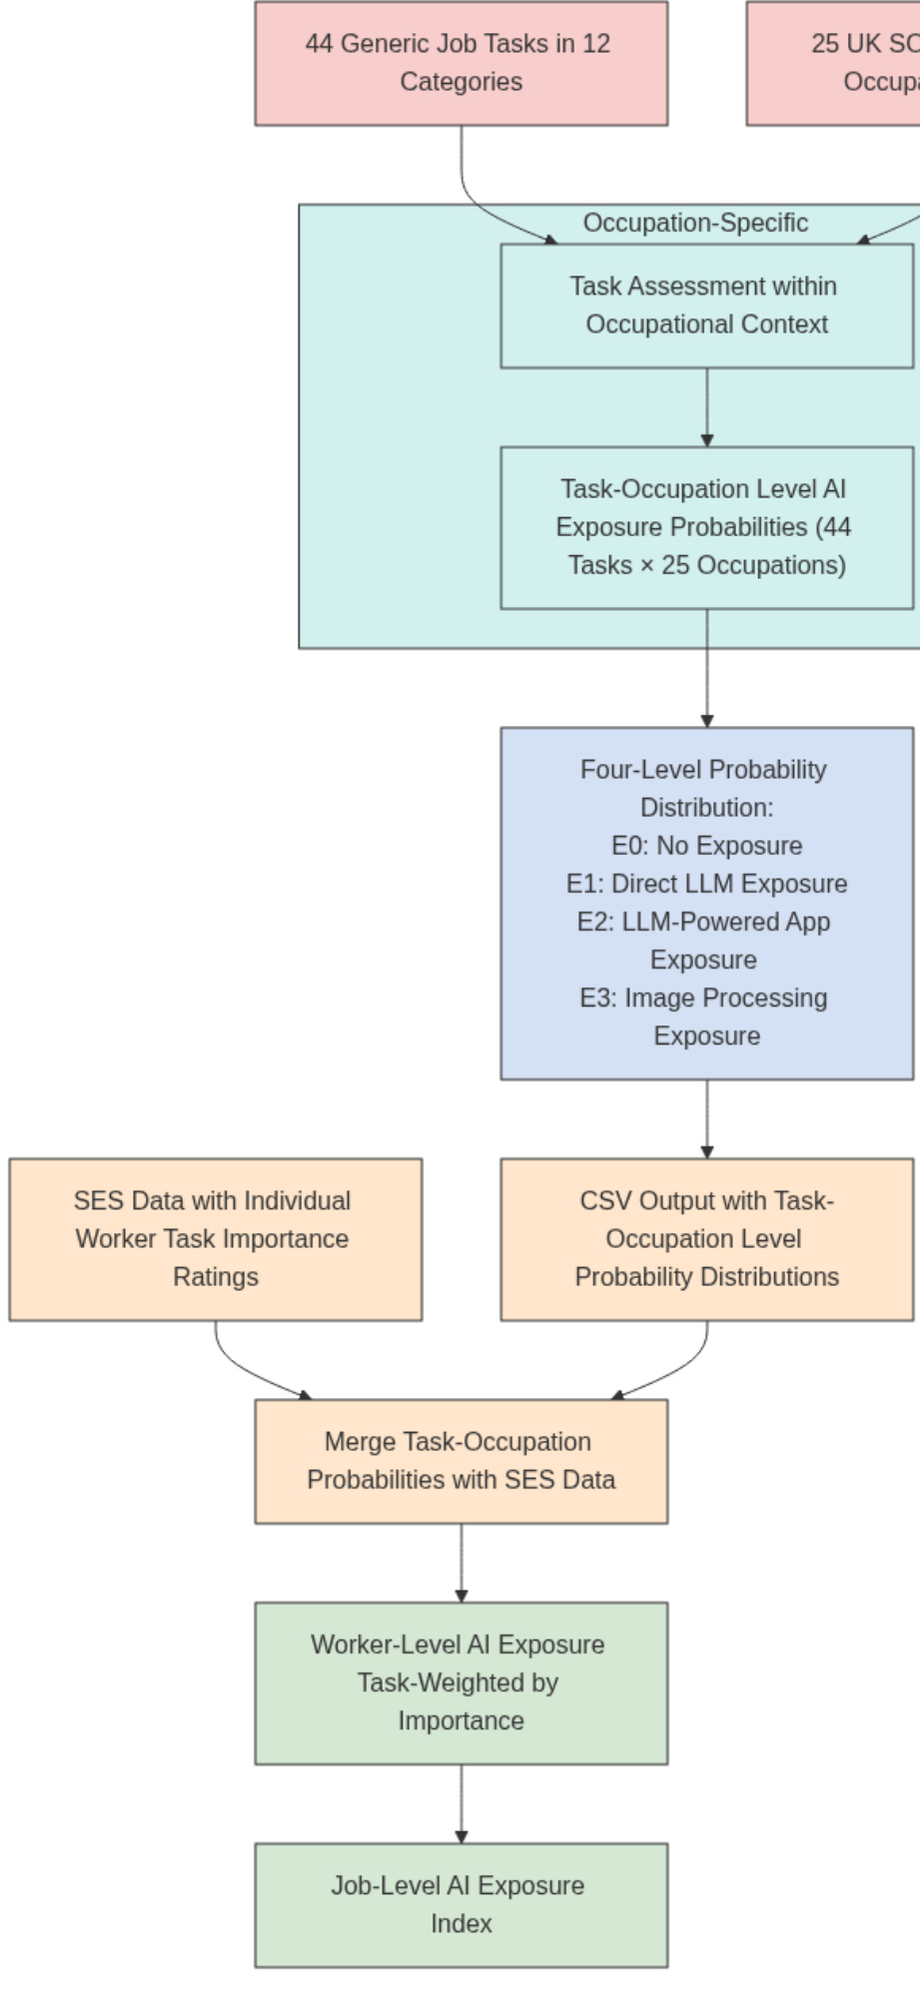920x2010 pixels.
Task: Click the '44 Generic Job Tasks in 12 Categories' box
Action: tap(460, 63)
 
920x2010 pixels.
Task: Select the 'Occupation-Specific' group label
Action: tap(695, 223)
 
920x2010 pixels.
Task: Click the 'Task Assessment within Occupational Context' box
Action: tap(706, 306)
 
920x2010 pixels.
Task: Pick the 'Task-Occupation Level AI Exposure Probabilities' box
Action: tap(706, 527)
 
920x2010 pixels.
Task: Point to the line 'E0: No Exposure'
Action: tap(706, 846)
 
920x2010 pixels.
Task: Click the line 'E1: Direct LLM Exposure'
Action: tap(706, 884)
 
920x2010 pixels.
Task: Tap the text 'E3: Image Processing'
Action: tap(703, 998)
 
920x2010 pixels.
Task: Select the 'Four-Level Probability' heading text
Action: tap(703, 770)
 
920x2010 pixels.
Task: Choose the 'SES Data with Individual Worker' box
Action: tap(215, 1239)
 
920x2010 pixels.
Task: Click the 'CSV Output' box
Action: tap(706, 1239)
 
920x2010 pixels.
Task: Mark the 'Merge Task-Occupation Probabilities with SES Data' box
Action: tap(460, 1461)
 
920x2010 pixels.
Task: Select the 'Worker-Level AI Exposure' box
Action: tap(460, 1682)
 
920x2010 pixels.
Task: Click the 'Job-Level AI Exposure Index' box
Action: tap(460, 1904)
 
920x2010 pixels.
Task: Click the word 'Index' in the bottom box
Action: tap(461, 1923)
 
